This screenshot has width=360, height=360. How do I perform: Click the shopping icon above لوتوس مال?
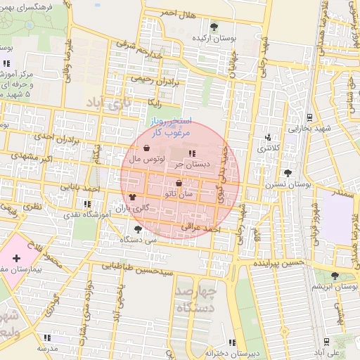(x=146, y=148)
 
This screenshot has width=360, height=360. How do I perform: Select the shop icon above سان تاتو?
(x=179, y=183)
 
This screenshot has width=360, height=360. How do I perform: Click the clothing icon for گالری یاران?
(x=132, y=198)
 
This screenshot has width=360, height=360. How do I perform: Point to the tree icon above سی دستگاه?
(x=137, y=229)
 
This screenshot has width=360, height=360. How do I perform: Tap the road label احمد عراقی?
(x=201, y=229)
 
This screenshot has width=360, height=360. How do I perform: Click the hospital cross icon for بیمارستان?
(x=16, y=259)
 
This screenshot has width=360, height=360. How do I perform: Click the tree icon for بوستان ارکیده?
(x=214, y=27)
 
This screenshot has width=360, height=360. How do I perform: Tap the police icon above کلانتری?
(x=267, y=138)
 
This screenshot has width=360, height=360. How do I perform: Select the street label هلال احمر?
(x=177, y=13)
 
